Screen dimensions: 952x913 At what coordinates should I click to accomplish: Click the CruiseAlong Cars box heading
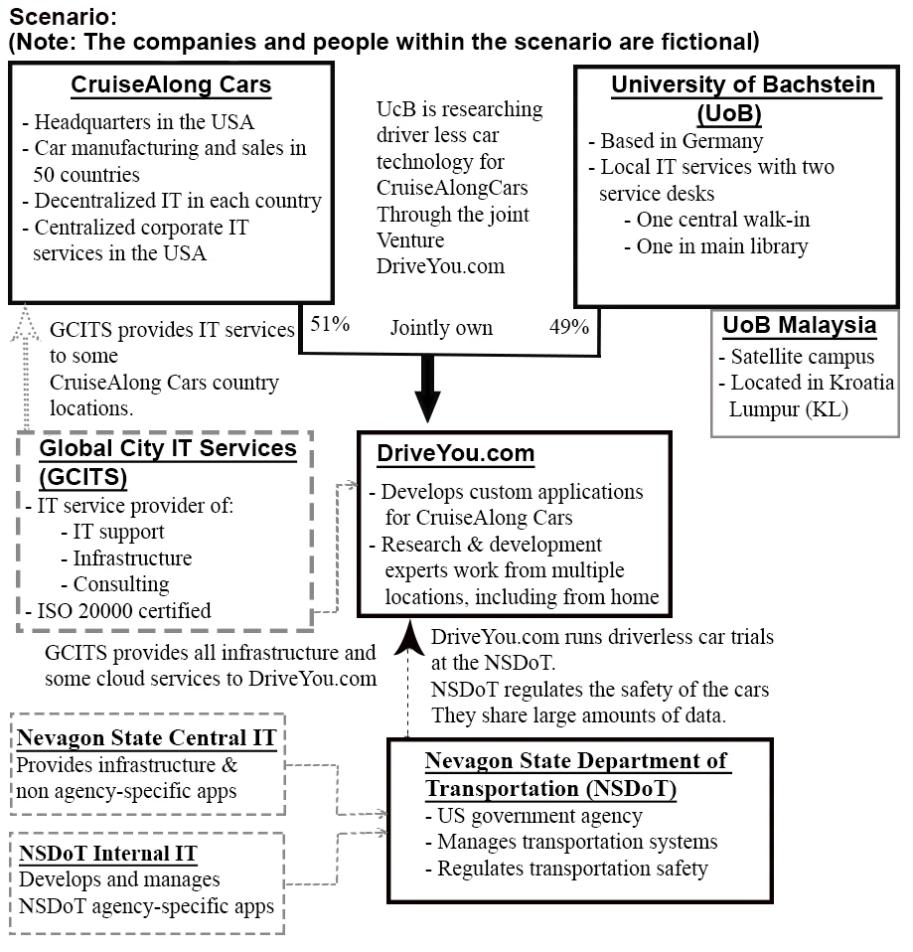[x=171, y=85]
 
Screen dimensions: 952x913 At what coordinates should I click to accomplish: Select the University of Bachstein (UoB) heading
[x=743, y=96]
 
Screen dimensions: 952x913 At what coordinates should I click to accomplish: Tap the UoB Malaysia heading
[x=799, y=325]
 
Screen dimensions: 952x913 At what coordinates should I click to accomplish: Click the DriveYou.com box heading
[x=456, y=454]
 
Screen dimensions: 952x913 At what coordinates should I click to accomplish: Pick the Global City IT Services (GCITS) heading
[x=168, y=462]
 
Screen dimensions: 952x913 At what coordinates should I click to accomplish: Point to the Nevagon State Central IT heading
[x=146, y=737]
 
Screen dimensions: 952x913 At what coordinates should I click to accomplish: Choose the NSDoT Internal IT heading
[x=107, y=853]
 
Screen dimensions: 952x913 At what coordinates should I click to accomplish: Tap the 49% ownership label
[x=570, y=326]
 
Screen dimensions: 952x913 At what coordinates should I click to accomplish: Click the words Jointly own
[x=440, y=327]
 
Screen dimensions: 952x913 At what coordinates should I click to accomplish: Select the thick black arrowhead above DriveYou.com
[x=426, y=404]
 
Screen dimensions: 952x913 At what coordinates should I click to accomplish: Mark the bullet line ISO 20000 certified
[x=119, y=610]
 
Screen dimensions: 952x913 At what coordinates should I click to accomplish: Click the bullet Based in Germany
[x=676, y=141]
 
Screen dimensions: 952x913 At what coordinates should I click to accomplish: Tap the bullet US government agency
[x=533, y=816]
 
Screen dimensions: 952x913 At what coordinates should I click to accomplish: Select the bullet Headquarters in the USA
[x=138, y=122]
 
